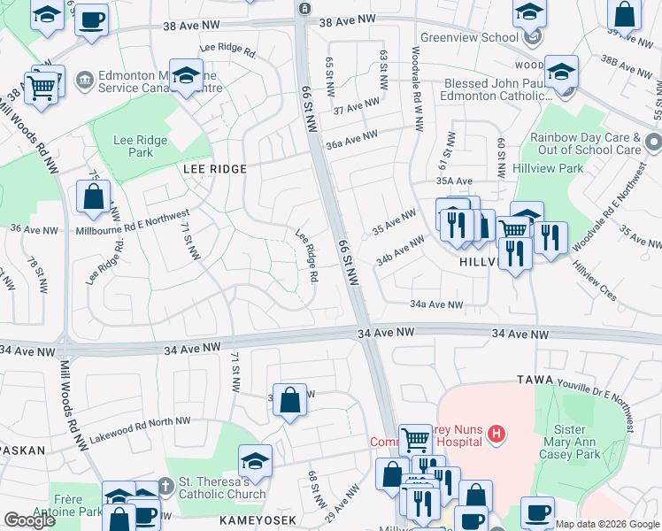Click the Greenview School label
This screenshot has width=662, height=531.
coord(468,38)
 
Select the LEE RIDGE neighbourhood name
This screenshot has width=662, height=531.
coord(214,167)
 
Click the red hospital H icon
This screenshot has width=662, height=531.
coord(496,434)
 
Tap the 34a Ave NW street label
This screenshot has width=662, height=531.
coord(436,304)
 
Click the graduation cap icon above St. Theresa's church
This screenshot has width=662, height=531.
coord(255,459)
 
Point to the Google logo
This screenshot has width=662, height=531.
coord(29,520)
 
